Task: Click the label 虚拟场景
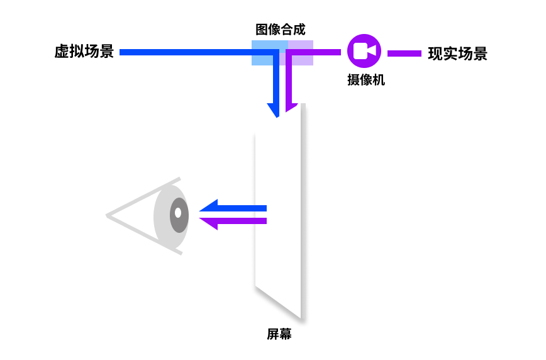[84, 52]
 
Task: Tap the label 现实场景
[457, 53]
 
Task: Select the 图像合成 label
[281, 29]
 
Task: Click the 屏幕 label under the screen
[279, 334]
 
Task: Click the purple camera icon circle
[364, 50]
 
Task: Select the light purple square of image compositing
[301, 53]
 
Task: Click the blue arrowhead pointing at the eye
[208, 208]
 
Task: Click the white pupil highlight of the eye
[178, 213]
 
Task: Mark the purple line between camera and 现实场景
[404, 53]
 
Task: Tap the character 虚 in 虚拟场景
[62, 52]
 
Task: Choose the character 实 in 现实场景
[450, 53]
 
